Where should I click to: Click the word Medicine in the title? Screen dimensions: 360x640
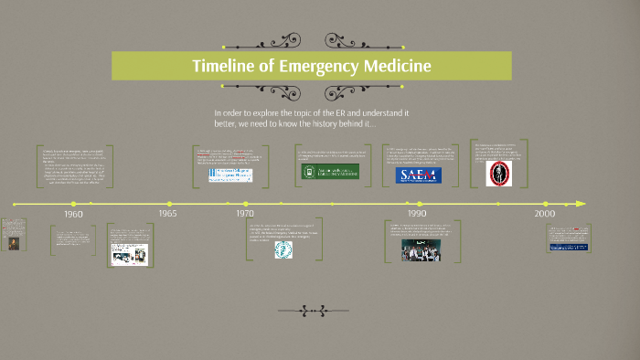[393, 67]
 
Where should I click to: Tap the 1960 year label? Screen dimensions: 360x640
[74, 213]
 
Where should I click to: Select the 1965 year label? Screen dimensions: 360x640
[167, 213]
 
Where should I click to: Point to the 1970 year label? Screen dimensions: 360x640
[244, 213]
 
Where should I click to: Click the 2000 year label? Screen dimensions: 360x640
[545, 213]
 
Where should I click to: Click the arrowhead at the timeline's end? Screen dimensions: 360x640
[581, 204]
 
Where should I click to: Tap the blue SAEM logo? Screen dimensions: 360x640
[418, 175]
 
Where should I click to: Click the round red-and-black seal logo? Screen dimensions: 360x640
[497, 175]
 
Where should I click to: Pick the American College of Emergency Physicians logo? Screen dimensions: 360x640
[231, 174]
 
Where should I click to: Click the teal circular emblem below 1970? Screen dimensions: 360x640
[283, 249]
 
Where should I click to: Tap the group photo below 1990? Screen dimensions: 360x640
[420, 249]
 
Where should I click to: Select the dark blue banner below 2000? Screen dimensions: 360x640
[567, 245]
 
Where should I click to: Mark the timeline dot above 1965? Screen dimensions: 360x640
[169, 204]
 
